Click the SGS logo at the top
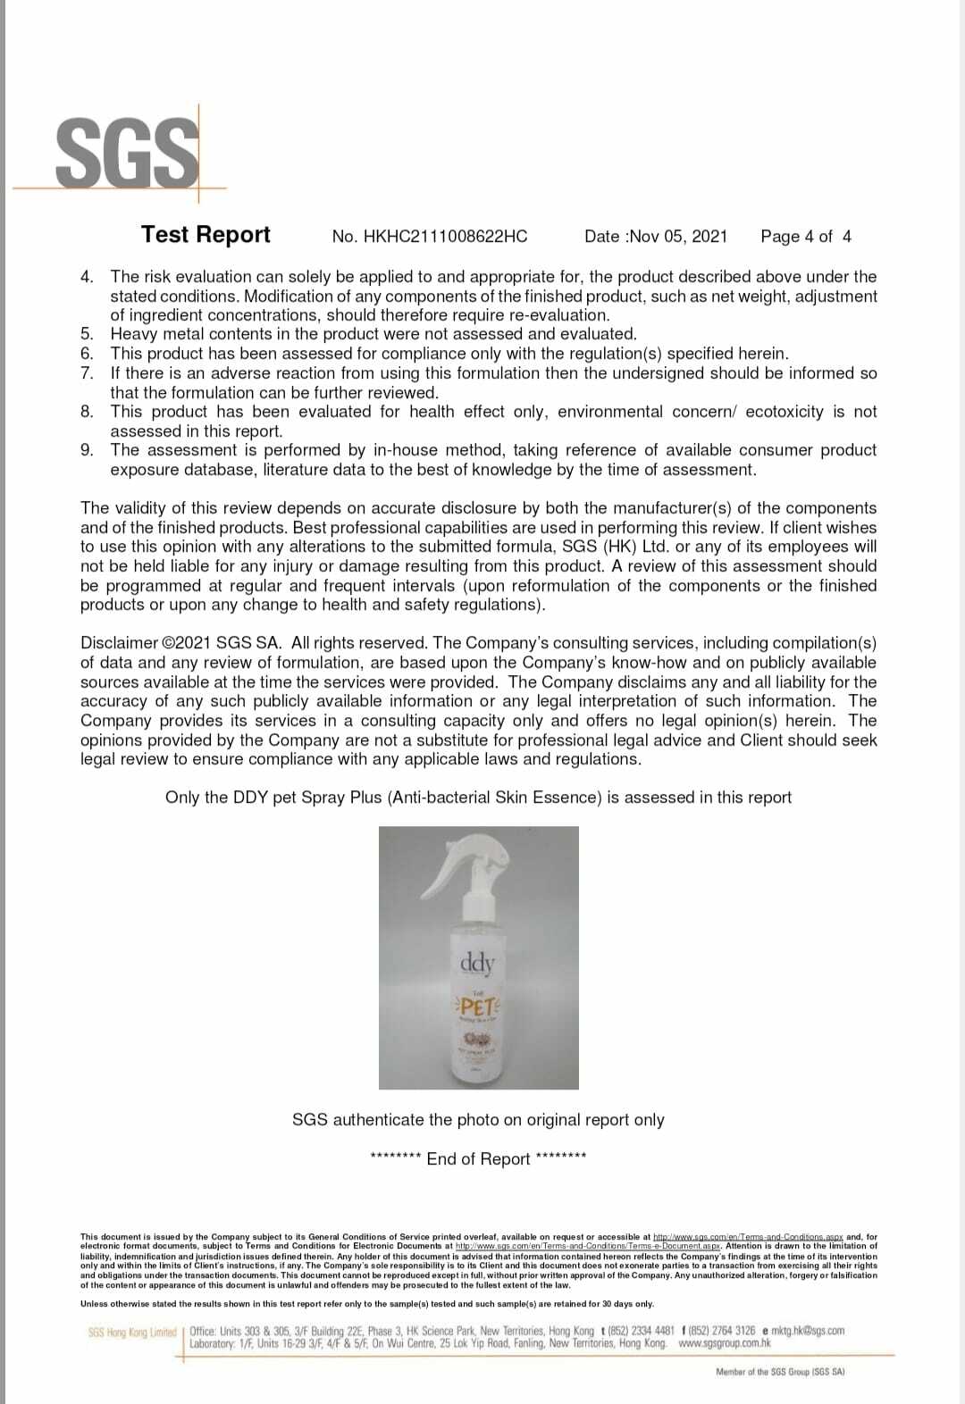pos(126,154)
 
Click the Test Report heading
pos(206,234)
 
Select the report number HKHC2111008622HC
pos(429,237)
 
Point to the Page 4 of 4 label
pos(805,237)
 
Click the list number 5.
pos(87,334)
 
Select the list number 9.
pos(87,450)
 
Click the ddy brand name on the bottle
pos(476,963)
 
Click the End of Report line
pos(478,1158)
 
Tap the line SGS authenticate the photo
pos(478,1120)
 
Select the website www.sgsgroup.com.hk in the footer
pos(724,1343)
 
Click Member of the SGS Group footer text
pos(779,1372)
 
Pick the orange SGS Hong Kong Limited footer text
pos(132,1333)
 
